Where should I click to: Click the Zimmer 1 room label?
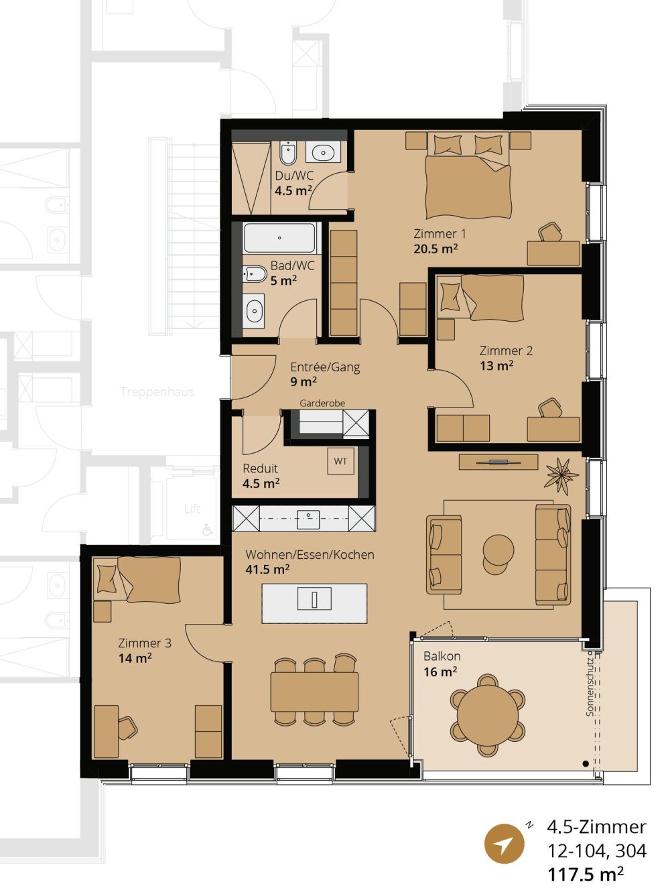coord(439,234)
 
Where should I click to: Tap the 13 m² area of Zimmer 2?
coord(496,366)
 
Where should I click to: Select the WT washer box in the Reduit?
coord(340,461)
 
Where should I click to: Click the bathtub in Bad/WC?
coord(279,238)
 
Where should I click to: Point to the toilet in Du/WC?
coord(288,153)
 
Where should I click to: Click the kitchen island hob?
coord(314,599)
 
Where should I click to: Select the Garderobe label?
coord(322,403)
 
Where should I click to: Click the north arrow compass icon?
coord(504,843)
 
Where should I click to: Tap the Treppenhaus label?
coord(157,392)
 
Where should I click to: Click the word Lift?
coord(192,509)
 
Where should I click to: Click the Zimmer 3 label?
coord(144,643)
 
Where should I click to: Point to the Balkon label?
coord(442,656)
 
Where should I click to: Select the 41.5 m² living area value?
coord(267,570)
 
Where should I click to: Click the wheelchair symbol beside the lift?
coord(208,529)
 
